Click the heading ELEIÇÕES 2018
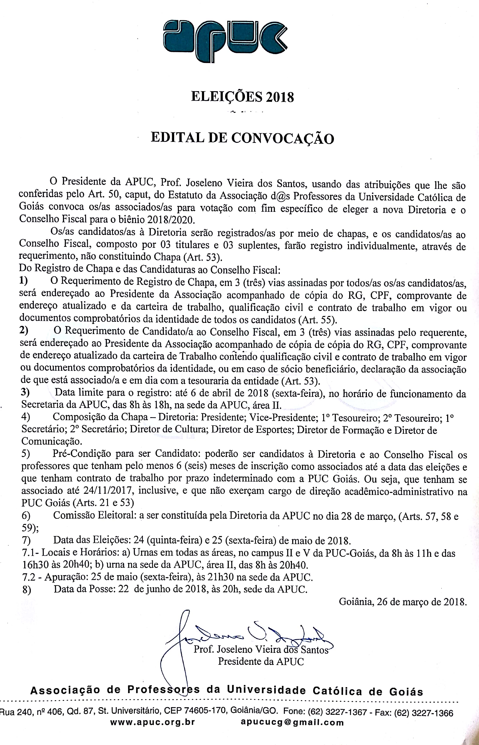pos(242,97)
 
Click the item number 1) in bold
pos(23,281)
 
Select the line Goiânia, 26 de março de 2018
pos(403,602)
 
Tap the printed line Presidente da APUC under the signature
pos(261,661)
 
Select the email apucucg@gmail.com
pos(292,722)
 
